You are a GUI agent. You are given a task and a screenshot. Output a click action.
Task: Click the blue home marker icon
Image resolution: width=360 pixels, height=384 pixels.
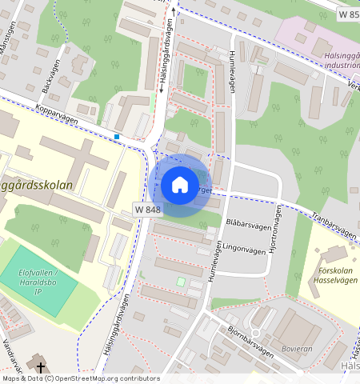(180, 185)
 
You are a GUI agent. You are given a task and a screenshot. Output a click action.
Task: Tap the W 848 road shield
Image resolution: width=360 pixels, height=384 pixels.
(148, 209)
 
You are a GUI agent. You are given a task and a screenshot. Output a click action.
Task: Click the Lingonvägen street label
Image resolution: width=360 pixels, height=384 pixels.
(243, 248)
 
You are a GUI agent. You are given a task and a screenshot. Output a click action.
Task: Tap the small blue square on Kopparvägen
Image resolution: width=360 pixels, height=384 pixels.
(117, 138)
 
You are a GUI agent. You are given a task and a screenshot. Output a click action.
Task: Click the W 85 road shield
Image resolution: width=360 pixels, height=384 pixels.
(346, 14)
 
